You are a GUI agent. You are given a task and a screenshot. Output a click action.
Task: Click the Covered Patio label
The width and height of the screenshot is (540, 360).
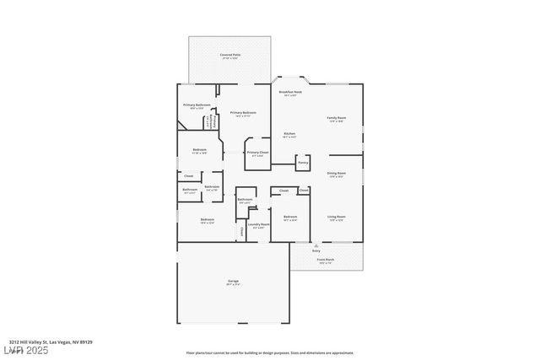tap(229, 56)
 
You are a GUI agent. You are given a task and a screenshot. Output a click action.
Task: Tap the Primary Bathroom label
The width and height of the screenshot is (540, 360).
tap(197, 105)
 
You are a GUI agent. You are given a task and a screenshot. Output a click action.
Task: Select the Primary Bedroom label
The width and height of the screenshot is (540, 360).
tap(243, 113)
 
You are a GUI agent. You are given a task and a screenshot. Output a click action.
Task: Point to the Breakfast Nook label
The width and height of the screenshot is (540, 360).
tap(290, 93)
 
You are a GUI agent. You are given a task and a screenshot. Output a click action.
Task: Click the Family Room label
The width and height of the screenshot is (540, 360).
tap(337, 119)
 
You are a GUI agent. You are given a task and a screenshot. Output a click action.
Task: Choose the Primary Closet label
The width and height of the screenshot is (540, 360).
tap(256, 153)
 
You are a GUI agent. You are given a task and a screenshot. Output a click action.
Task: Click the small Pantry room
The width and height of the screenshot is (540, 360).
tap(303, 162)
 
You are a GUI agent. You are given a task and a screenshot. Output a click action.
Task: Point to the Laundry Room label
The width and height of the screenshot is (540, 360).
tap(259, 225)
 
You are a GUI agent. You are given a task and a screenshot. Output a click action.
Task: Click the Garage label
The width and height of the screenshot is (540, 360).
tap(233, 282)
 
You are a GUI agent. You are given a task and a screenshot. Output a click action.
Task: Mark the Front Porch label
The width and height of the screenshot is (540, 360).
tap(325, 261)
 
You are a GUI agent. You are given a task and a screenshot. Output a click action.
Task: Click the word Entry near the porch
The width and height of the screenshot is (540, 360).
tap(316, 251)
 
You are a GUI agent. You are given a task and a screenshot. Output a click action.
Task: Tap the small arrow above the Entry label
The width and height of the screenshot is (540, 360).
tap(316, 245)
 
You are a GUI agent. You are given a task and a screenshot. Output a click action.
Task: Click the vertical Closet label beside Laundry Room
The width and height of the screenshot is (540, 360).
tap(242, 231)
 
